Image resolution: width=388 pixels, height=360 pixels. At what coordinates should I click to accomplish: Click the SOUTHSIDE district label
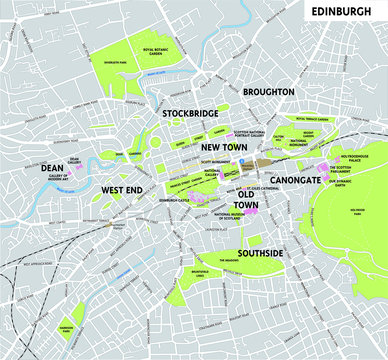coord(258,253)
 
